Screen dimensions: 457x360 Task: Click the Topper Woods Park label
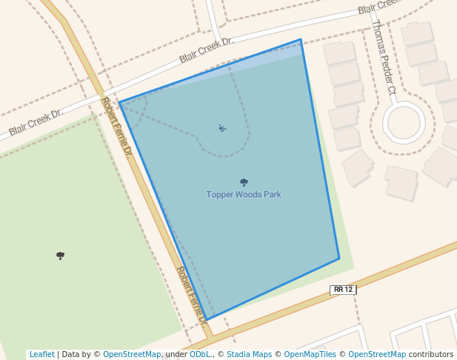click(244, 195)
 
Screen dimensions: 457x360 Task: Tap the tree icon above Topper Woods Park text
click(244, 182)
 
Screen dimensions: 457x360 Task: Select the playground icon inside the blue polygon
click(222, 128)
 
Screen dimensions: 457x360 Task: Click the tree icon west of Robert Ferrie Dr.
click(60, 256)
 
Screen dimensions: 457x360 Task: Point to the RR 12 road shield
click(343, 290)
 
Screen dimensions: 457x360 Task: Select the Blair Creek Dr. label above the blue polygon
click(207, 50)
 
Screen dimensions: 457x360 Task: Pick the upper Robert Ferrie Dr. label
click(117, 127)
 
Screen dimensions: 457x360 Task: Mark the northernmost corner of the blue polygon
click(301, 40)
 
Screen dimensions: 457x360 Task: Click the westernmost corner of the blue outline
click(119, 103)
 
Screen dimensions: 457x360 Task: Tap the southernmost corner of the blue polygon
click(207, 319)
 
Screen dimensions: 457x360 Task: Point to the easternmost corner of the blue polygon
click(339, 259)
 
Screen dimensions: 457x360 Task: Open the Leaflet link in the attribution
click(41, 354)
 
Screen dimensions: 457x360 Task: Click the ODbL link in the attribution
click(200, 354)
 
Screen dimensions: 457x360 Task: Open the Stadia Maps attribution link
click(249, 354)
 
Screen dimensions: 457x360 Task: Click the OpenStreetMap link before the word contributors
click(377, 354)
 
